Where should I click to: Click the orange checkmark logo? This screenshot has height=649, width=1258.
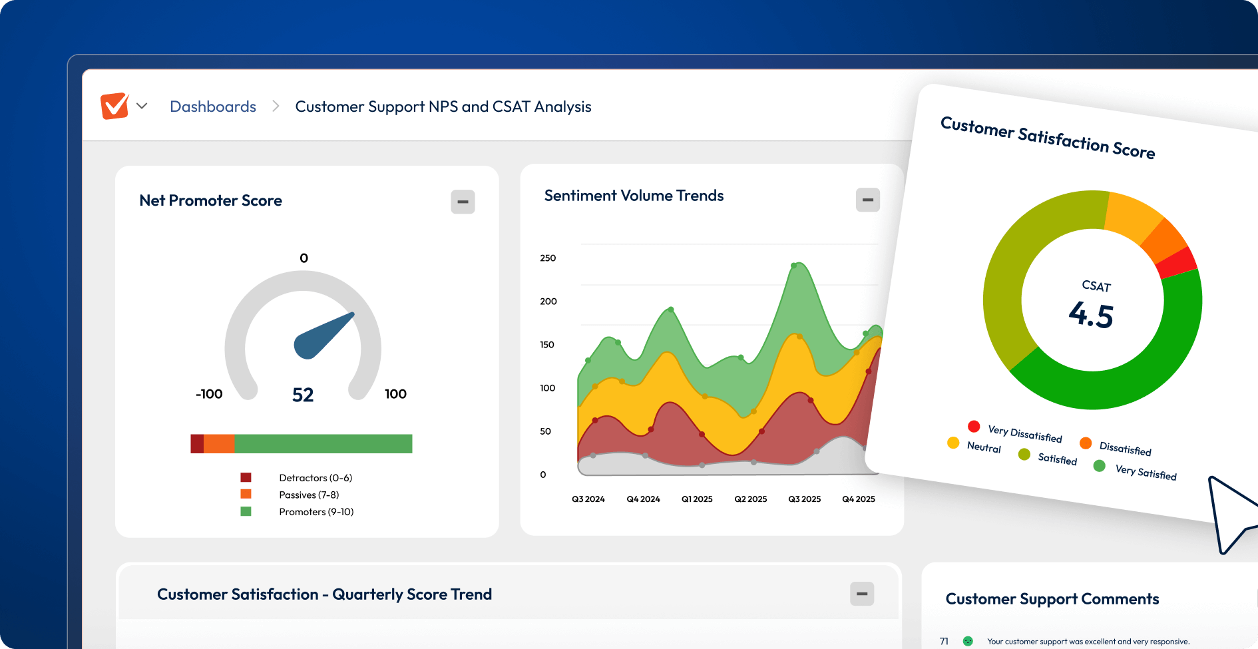pos(114,106)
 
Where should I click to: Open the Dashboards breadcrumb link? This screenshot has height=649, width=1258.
pos(213,107)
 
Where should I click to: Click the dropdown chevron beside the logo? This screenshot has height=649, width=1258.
pos(142,106)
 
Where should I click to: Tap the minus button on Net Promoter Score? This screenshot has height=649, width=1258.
pos(463,202)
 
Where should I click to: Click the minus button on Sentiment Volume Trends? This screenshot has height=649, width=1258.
pos(867,200)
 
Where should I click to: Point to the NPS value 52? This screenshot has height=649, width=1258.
pos(303,395)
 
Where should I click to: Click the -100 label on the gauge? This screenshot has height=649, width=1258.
pos(209,394)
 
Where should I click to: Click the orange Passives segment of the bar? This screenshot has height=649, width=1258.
pos(219,444)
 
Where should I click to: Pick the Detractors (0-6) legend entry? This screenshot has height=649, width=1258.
pos(315,478)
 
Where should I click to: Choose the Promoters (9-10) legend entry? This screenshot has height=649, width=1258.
pos(315,512)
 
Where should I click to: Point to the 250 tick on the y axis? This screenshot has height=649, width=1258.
pos(548,258)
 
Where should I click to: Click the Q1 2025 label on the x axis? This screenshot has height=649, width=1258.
pos(697,499)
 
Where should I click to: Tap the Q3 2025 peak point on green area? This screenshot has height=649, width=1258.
pos(794,266)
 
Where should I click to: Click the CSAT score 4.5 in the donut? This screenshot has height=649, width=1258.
pos(1091,315)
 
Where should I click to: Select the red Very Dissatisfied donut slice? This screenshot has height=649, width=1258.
pos(1177,262)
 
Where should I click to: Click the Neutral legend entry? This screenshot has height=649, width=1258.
pos(983,447)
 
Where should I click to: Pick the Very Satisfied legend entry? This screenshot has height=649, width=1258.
pos(1145,473)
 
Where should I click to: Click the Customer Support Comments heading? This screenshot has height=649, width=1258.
pos(1052,599)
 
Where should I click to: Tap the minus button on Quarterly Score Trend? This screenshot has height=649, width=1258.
pos(862,594)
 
